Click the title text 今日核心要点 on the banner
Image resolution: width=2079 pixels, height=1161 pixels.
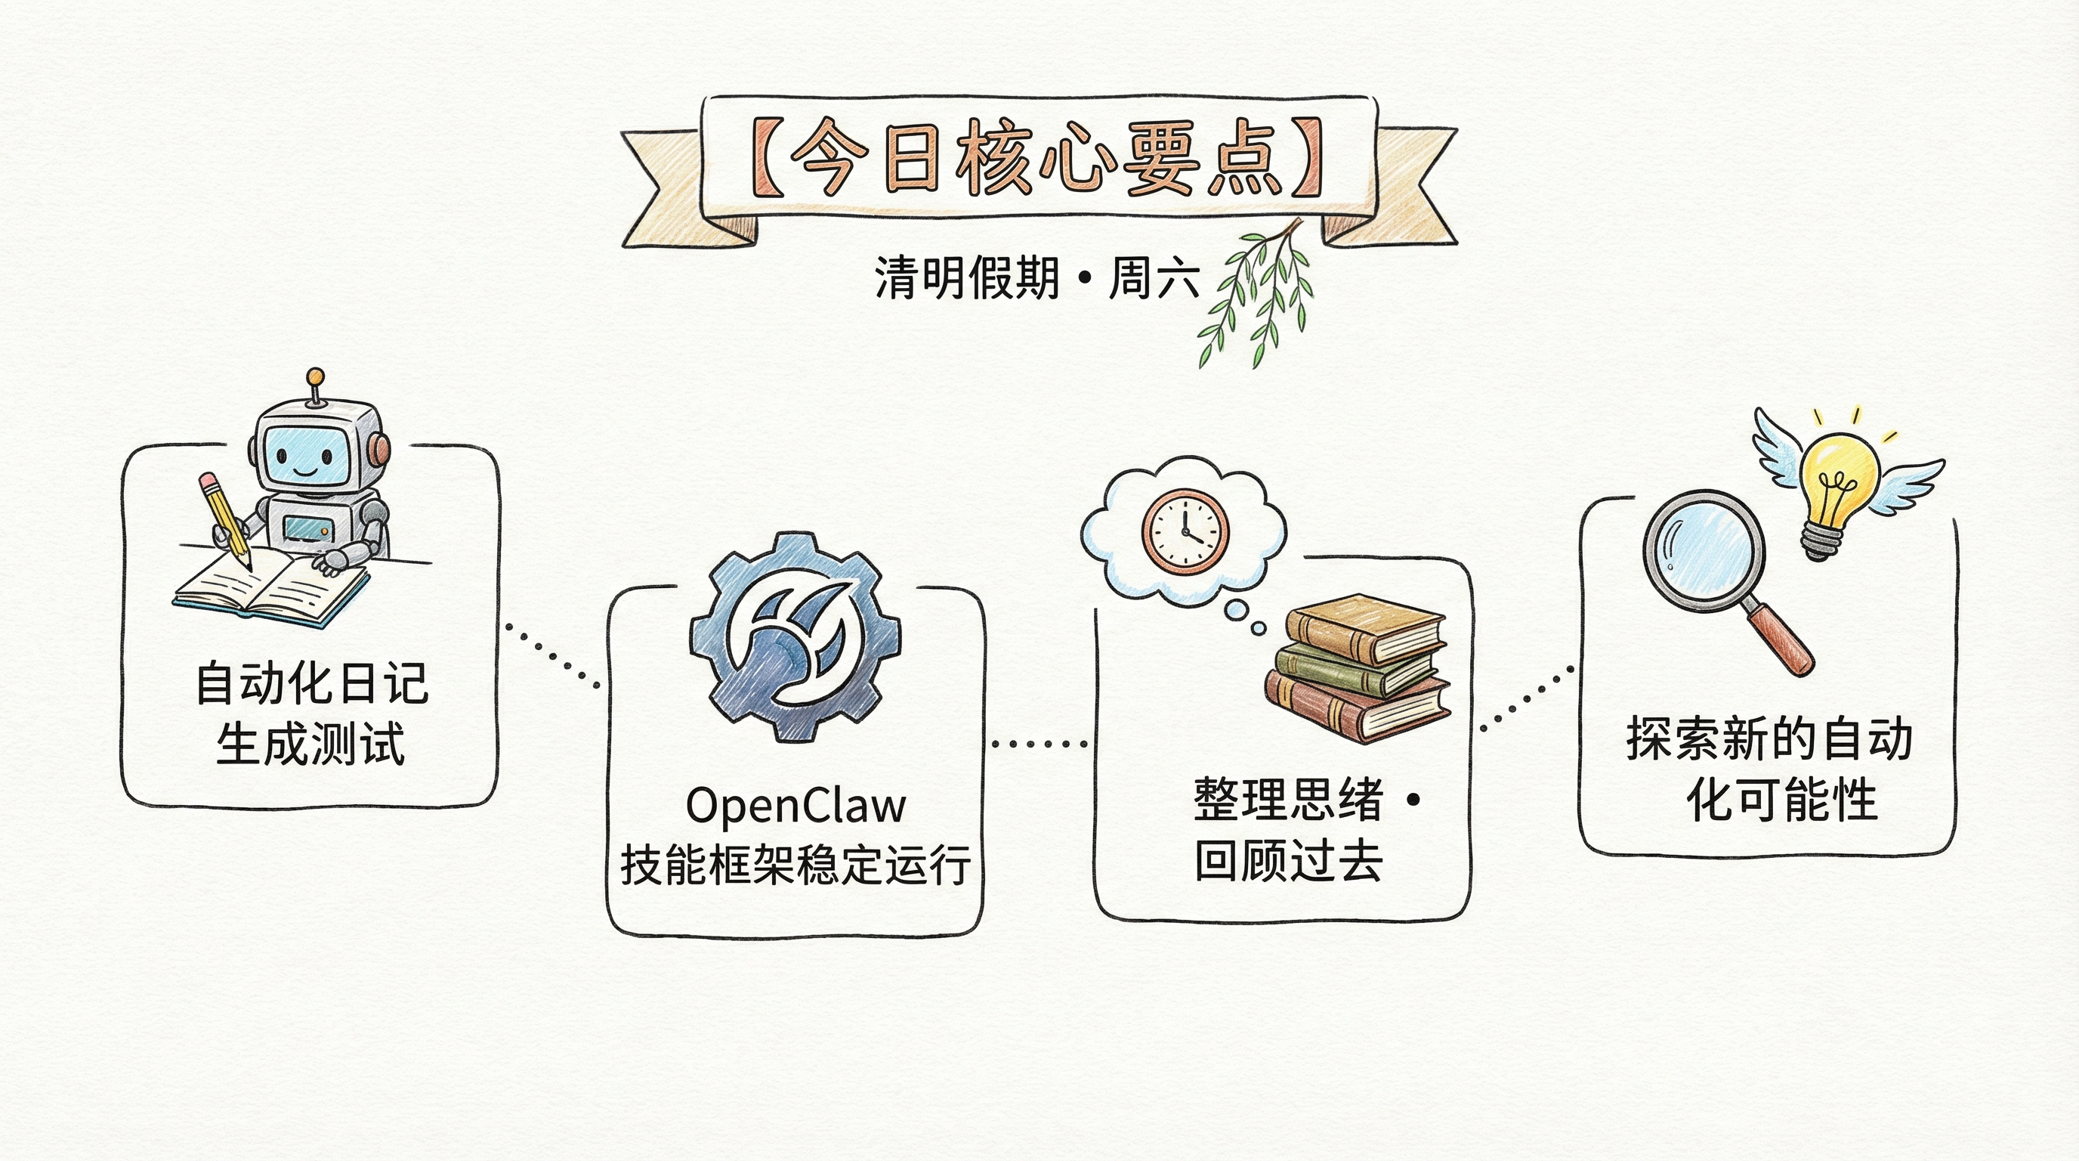[x=1038, y=158]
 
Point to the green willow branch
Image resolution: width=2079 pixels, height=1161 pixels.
[x=1255, y=295]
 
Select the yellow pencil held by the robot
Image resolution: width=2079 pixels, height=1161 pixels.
[x=225, y=522]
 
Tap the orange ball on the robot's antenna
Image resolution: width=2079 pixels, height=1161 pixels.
[x=316, y=377]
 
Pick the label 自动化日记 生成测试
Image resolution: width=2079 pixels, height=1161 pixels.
[x=310, y=713]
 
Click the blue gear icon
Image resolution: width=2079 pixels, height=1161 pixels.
[x=795, y=637]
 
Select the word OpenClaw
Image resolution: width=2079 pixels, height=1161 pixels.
[x=795, y=805]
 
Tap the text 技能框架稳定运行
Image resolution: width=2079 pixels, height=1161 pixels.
[x=795, y=864]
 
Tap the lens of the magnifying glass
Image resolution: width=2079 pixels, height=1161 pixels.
[x=1704, y=552]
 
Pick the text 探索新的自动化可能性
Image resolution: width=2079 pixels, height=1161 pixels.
[x=1769, y=769]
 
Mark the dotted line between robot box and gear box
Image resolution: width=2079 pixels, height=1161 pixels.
[x=552, y=655]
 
